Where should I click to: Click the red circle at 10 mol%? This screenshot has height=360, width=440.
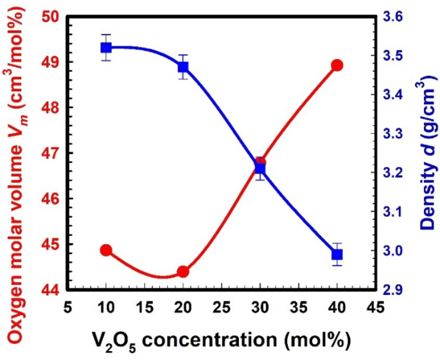tap(107, 249)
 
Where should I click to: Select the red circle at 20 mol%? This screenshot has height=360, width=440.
tap(183, 272)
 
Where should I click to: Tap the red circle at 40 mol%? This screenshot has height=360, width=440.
tap(337, 66)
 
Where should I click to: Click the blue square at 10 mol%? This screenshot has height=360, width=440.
tap(107, 48)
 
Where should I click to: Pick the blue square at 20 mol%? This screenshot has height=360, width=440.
tap(183, 67)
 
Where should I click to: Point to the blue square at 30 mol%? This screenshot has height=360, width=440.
tap(260, 169)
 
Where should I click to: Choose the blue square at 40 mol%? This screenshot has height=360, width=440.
tap(337, 255)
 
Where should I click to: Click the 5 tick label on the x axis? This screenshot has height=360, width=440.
tap(68, 307)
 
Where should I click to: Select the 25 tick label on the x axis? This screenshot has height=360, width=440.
tap(222, 307)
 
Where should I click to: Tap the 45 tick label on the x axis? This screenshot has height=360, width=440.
tap(375, 307)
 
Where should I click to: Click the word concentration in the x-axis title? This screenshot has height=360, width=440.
tap(209, 340)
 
